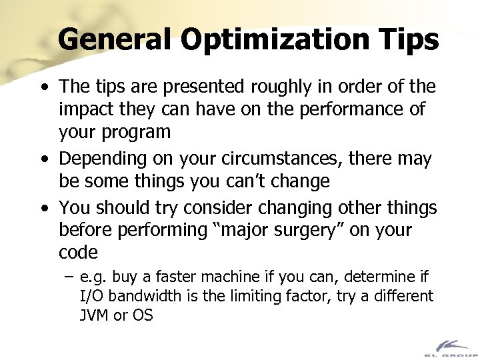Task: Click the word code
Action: point(79,253)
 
